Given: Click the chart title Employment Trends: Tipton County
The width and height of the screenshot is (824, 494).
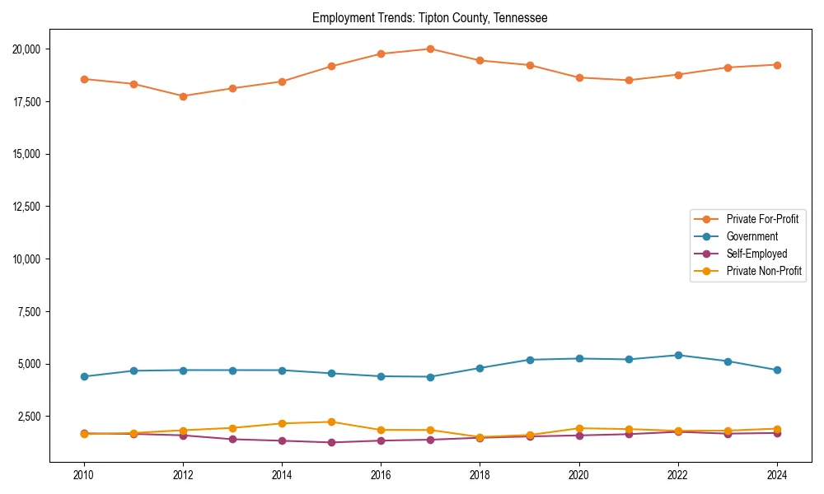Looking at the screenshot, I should coord(429,17).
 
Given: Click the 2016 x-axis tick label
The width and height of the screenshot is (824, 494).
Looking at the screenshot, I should coord(381,475).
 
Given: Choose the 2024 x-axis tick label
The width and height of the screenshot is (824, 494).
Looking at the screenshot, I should coord(777,475).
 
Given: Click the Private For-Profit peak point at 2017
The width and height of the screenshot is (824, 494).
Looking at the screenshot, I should coord(430,49).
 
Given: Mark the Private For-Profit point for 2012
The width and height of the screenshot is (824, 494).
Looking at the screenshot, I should coord(183,96).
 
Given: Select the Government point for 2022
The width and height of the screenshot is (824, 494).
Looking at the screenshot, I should coord(678,355).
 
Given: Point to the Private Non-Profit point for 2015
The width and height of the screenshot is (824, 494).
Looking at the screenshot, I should coord(331,422).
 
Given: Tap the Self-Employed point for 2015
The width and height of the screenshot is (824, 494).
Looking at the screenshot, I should coord(331,442).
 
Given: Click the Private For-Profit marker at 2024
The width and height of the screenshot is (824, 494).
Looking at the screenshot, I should coord(777,65).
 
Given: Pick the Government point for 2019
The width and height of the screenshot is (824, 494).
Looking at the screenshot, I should coord(530,360).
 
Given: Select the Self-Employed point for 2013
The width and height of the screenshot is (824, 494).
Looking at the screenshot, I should coord(232,439).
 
